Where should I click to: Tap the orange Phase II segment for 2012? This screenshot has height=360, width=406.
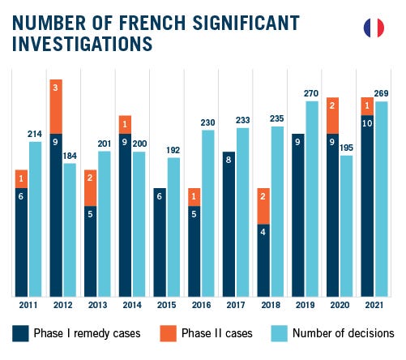click(56, 106)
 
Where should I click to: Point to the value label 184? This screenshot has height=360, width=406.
click(70, 156)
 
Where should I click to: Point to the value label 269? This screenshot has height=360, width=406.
click(381, 93)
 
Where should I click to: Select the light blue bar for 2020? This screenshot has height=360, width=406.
click(347, 226)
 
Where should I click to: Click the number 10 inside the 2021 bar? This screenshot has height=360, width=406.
click(367, 123)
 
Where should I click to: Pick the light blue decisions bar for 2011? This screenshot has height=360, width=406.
click(36, 219)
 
